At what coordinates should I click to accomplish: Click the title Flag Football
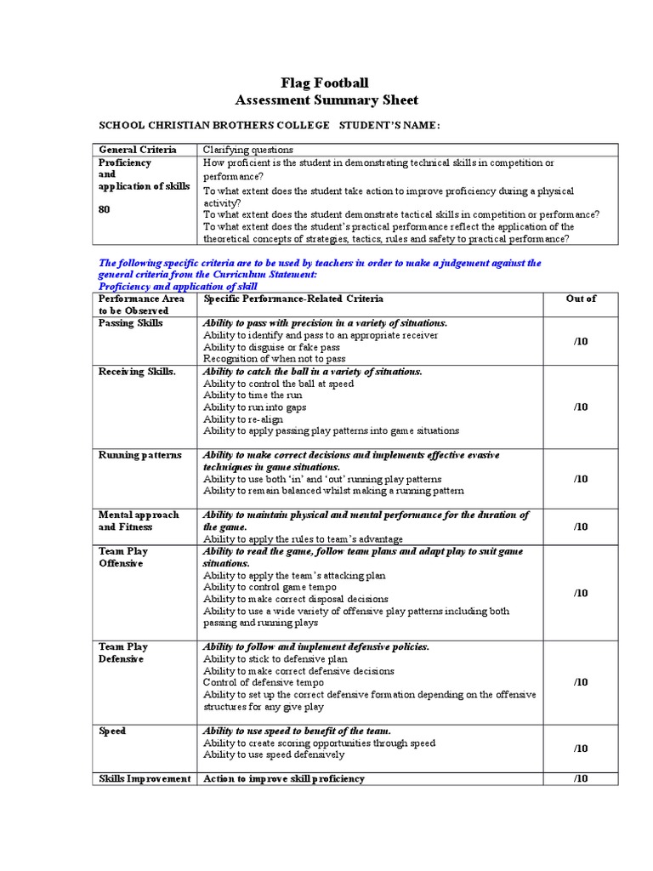pos(326,83)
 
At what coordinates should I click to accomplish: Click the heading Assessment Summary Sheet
pos(326,100)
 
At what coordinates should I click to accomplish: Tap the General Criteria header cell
pos(138,150)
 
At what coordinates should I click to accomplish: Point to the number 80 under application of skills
pos(105,209)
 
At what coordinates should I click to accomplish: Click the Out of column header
pos(581,299)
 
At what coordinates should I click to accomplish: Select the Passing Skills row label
pos(131,324)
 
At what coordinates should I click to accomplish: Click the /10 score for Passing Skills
pos(581,341)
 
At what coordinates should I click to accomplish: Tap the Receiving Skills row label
pos(138,372)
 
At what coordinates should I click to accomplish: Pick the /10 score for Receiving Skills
pos(581,407)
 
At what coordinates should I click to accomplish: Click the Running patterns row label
pos(139,455)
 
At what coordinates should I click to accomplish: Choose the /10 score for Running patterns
pos(581,479)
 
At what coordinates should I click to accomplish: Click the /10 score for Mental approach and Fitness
pos(581,527)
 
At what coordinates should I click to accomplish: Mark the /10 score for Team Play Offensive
pos(581,593)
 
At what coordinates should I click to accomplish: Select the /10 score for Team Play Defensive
pos(581,681)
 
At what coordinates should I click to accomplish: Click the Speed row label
pos(113,731)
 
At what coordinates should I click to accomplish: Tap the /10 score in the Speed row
pos(581,749)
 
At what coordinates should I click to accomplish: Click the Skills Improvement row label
pos(145,778)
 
